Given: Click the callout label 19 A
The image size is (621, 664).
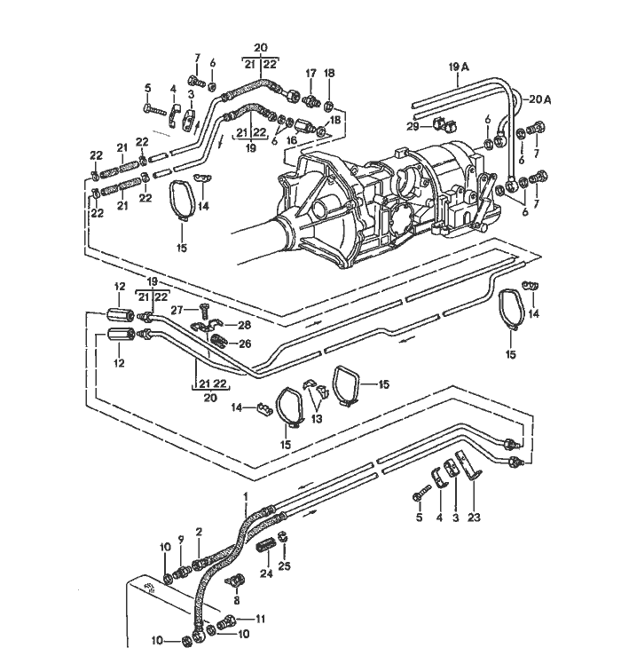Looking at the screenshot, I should click(x=459, y=67).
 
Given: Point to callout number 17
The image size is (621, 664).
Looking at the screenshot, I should click(x=311, y=73).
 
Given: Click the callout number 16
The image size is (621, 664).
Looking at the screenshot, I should click(x=290, y=140).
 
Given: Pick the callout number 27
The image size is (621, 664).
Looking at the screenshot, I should click(x=177, y=311).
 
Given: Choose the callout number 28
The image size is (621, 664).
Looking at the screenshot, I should click(x=244, y=326).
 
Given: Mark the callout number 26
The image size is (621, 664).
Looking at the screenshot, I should click(x=244, y=344).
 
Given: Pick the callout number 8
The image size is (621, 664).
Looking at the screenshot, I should click(x=235, y=601).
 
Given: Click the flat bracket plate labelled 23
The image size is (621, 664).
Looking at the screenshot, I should click(x=465, y=464).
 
